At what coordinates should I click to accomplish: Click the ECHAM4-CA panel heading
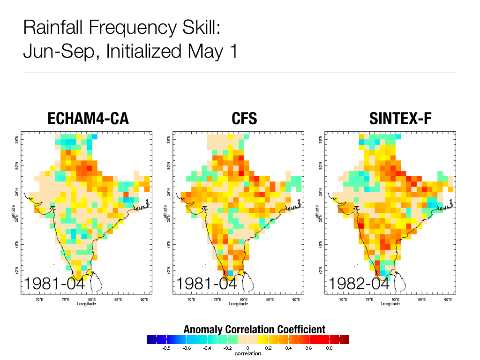coord(88,119)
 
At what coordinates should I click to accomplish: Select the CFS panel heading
coord(244,119)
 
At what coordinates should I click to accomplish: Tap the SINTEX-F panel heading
coord(400,119)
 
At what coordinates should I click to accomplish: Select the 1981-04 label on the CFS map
coord(207,284)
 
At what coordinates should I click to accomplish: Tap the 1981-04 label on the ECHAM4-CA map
coord(54,284)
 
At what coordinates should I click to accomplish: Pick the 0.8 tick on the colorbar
coord(329,348)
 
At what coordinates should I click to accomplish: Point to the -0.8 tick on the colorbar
coord(166,348)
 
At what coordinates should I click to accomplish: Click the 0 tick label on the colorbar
coord(248,348)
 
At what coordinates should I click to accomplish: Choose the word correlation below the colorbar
coord(248,353)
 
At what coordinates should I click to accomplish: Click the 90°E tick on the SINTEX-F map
coord(448,299)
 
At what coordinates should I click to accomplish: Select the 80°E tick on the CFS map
coord(244,299)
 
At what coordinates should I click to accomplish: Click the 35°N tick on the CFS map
coord(168,139)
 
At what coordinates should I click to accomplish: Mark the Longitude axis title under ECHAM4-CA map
coord(88,304)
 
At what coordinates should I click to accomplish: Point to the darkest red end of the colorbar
coord(345,340)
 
